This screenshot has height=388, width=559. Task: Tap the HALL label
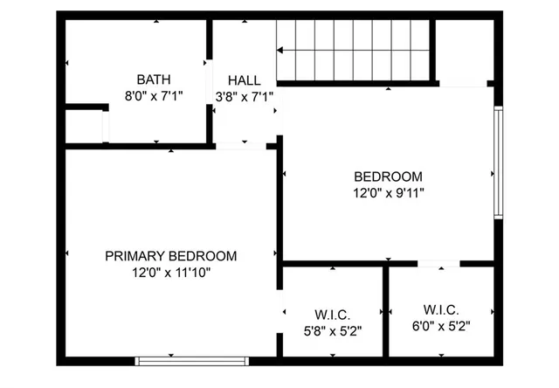(244, 80)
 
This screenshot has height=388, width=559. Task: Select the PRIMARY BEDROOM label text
(171, 256)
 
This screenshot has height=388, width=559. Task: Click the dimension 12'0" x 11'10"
(171, 273)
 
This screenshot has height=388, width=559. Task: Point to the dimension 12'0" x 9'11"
(388, 192)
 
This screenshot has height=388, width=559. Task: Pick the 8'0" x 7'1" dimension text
(158, 96)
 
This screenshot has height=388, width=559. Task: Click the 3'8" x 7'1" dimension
(245, 96)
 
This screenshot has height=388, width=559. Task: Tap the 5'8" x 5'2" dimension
(332, 331)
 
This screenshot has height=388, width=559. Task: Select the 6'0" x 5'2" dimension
(440, 327)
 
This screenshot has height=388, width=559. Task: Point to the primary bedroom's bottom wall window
(192, 359)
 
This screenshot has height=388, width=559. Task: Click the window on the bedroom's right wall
(498, 163)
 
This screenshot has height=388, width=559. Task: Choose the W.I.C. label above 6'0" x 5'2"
(440, 310)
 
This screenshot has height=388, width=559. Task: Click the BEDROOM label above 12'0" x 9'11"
(388, 176)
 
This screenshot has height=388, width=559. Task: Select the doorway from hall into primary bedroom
(242, 146)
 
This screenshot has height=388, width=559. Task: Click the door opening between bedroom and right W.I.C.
(439, 263)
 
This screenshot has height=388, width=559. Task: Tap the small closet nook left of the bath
(84, 126)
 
